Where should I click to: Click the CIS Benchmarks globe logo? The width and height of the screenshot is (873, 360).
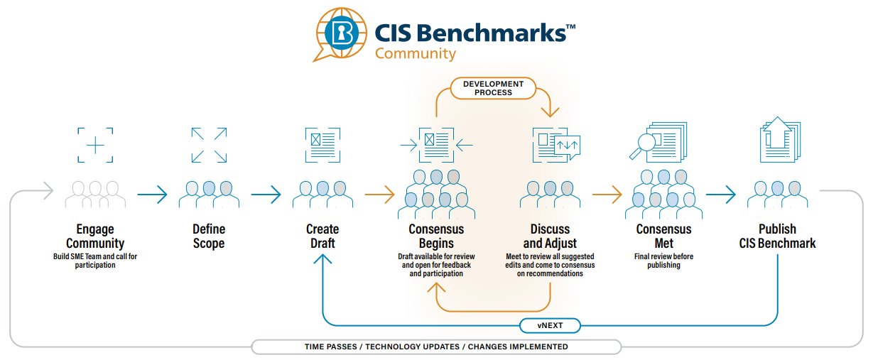coord(342,33)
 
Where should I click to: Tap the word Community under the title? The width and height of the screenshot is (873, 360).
coord(416,53)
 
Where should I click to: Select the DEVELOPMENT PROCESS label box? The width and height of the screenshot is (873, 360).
coord(493,88)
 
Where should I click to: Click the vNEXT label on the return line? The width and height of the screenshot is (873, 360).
coord(550,326)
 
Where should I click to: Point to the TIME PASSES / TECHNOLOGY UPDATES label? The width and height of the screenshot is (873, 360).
coord(436,347)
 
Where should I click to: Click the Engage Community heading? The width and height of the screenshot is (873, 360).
coord(95,236)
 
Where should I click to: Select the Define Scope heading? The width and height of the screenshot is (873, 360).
coord(209,236)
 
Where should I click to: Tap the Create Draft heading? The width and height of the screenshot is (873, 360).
coord(322,236)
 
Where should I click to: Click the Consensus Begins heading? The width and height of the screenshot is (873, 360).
coord(436,236)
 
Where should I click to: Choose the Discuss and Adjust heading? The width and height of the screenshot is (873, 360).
coord(550,236)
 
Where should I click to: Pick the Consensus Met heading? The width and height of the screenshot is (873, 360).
coord(663,236)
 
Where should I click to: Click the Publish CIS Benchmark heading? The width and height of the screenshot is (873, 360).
coord(777,236)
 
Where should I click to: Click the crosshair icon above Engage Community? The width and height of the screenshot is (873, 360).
coord(95,145)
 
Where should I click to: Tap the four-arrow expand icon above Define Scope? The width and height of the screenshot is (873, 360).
coord(209,145)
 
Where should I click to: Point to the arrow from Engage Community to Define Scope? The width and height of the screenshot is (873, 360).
coord(152,194)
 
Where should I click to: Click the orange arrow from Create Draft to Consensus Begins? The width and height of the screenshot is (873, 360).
coord(379,194)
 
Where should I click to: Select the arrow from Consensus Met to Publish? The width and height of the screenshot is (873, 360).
coord(720,194)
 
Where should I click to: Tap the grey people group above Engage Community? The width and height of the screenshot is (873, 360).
coord(95,194)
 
